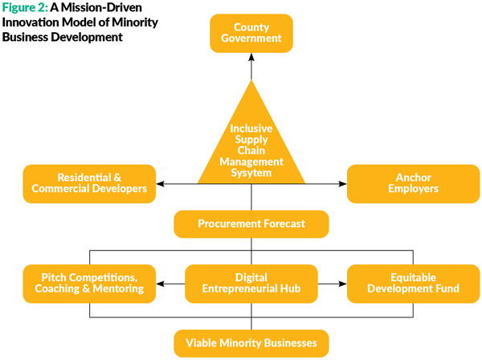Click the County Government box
click(251, 32)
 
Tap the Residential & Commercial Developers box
click(89, 183)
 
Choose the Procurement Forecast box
click(251, 224)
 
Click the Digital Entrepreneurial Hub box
click(252, 283)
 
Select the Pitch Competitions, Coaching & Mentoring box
click(90, 283)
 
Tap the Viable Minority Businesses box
click(251, 343)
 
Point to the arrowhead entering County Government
click(251, 57)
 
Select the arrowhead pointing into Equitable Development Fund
click(343, 283)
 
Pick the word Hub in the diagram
click(294, 289)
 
